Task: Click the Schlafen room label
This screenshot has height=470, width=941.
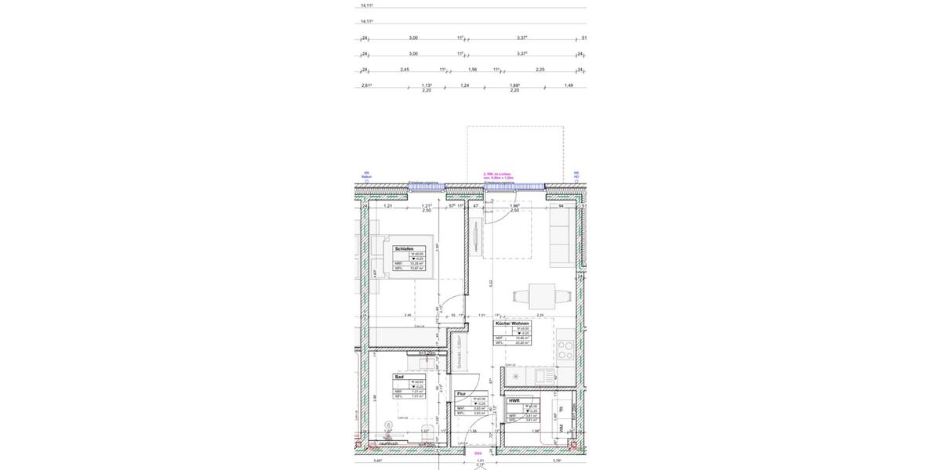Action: (405, 248)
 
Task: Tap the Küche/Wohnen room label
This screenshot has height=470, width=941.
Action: (512, 324)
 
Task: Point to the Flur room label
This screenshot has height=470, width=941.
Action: (461, 394)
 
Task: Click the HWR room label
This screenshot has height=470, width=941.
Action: (514, 400)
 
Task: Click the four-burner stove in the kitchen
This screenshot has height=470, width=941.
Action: (565, 350)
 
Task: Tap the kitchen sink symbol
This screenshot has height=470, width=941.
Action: (542, 377)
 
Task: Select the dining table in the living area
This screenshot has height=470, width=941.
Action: (541, 297)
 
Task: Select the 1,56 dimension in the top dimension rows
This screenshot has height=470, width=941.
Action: (473, 70)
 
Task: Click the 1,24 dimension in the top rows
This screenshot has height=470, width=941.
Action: (465, 85)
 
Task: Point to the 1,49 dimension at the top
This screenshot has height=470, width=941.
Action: (569, 85)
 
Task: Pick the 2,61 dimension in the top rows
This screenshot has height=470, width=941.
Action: (366, 85)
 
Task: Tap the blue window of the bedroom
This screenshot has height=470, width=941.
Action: (426, 187)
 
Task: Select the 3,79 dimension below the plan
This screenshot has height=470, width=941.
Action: (557, 461)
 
